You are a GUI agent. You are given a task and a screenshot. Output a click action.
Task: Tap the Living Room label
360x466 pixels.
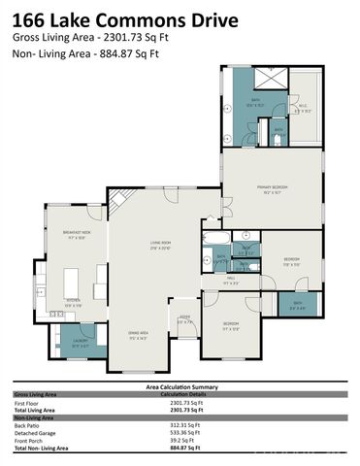[161, 245]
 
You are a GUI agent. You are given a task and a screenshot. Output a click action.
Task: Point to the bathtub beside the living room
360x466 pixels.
[214, 237]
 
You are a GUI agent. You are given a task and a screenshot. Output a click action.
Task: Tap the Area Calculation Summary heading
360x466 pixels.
[180, 385]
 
